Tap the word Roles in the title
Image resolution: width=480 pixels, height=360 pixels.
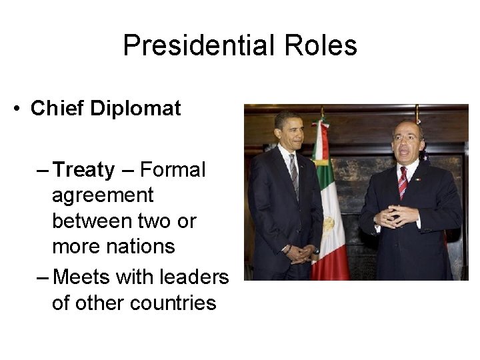coord(324,46)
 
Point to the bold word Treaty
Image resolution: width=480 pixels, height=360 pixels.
coord(83,170)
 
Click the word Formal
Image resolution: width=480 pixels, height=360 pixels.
coord(173,170)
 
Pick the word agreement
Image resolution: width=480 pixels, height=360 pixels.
coord(103,196)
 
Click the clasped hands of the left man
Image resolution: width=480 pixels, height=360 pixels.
coord(301,253)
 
